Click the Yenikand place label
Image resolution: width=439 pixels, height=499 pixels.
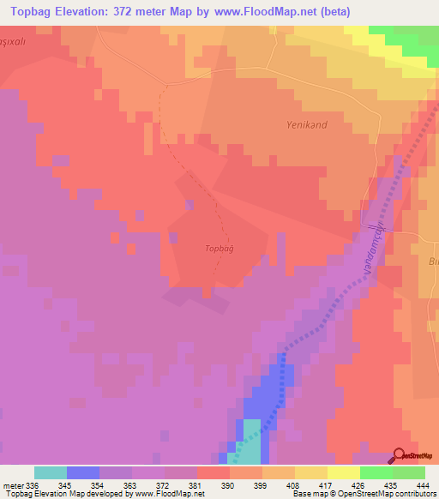306,124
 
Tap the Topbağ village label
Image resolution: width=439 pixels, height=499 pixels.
220,249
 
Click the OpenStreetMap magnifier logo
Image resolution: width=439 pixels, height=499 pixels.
400,454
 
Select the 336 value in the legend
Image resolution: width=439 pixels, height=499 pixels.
34,485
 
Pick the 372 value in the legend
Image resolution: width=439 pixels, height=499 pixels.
165,485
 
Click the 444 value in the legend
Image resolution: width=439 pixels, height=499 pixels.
424,485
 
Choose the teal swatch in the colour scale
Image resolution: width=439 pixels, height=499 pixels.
51,472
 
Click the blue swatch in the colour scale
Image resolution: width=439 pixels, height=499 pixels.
83,472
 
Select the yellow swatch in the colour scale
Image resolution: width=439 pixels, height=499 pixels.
344,472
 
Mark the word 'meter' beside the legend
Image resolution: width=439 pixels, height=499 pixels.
13,485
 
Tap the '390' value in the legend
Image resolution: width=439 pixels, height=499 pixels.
230,485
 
